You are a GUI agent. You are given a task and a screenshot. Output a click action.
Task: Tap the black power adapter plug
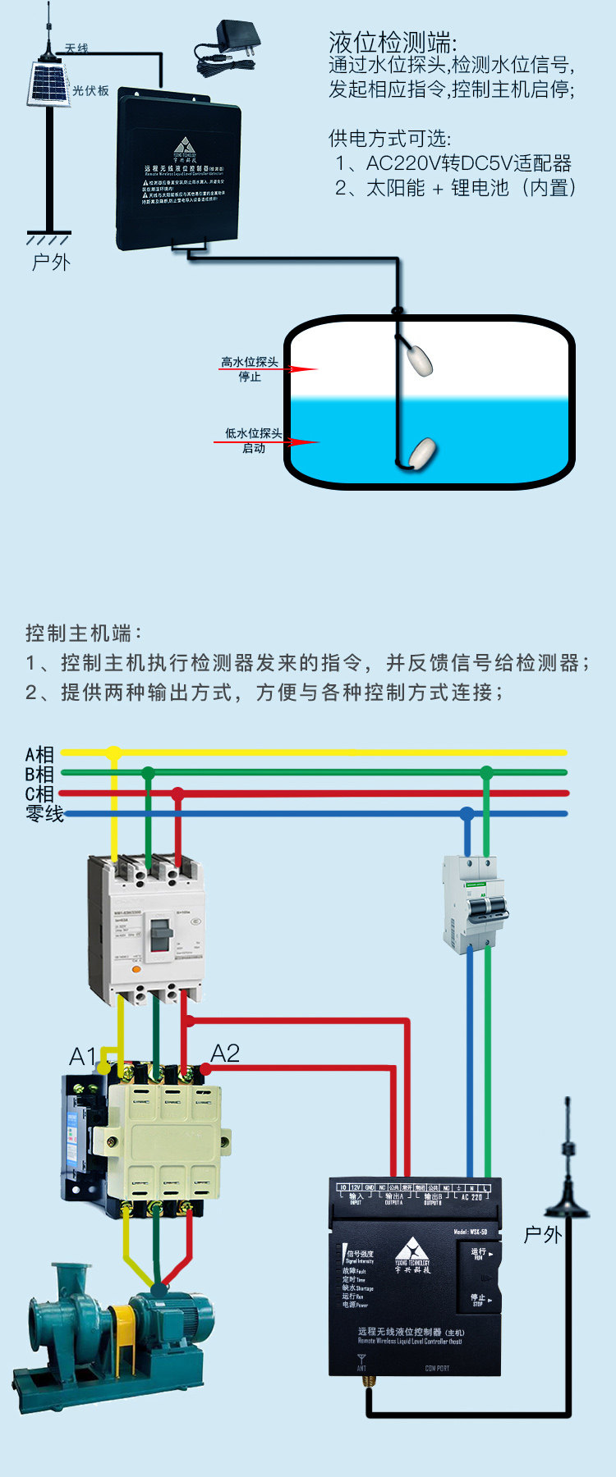pos(238,36)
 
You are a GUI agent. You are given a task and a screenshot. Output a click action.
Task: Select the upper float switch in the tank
pos(419,359)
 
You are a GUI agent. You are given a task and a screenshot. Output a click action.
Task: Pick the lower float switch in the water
pos(423,451)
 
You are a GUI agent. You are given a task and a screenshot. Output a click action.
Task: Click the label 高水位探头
pos(250,362)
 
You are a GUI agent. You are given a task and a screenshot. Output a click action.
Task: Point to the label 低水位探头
pos(253,433)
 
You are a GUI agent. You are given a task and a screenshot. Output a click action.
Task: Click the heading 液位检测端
pos(393,42)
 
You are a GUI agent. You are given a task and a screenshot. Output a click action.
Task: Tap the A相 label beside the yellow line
pos(39,754)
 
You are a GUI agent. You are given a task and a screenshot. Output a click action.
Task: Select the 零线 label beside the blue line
pos(44,814)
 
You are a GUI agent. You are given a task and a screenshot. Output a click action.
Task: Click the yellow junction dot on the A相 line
pos(114,752)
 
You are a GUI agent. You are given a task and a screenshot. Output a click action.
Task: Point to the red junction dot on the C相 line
pos(177,793)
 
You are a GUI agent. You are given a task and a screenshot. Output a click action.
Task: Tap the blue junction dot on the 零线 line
pos(467,814)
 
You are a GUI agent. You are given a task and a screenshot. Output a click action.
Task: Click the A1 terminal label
pos(82,1057)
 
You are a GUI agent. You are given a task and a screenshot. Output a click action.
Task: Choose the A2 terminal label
pos(225,1053)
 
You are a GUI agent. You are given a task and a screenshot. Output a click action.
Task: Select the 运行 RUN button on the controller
pos(480,1254)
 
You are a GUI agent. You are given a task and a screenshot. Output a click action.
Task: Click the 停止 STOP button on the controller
pos(479,1299)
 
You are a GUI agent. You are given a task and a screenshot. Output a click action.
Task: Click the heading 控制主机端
pos(84,633)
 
